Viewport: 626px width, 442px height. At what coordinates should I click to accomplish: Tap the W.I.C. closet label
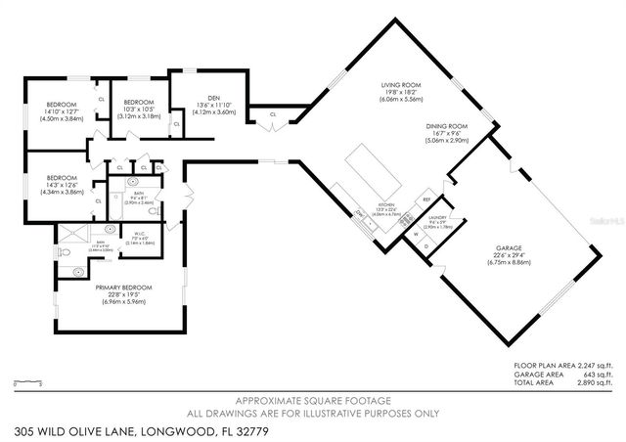(x=140, y=233)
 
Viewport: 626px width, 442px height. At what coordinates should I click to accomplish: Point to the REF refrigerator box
(x=426, y=199)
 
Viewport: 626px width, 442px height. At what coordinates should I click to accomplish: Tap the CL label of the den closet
(x=272, y=114)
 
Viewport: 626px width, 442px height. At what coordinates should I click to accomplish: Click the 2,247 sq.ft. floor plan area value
(x=598, y=365)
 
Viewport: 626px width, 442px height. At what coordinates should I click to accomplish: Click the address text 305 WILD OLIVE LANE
(x=88, y=430)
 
